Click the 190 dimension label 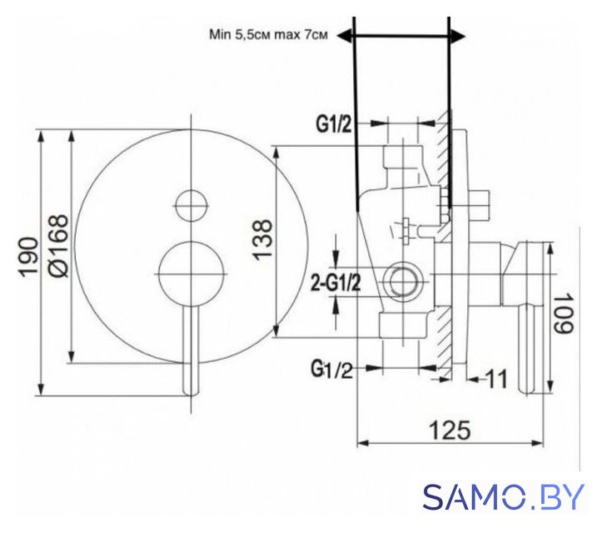pos(29,257)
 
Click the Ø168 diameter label pos(58,246)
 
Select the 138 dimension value pos(263,240)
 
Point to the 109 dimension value pos(562,313)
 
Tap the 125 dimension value pos(450,431)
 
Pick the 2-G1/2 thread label pos(336,283)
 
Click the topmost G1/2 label pos(334,124)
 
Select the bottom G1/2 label pos(332,369)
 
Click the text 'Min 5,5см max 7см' pos(268,35)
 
